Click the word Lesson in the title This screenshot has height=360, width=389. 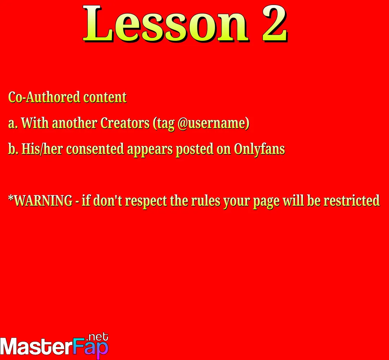click(x=165, y=23)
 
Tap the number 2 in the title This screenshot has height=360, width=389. click(x=274, y=23)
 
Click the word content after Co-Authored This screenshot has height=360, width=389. click(x=105, y=97)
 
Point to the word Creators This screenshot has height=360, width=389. click(x=125, y=123)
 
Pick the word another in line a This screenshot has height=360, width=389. click(x=74, y=123)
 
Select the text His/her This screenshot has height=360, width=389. click(x=42, y=149)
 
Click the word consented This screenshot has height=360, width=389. click(x=95, y=149)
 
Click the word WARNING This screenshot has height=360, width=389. click(x=43, y=200)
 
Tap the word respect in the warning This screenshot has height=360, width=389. click(x=146, y=201)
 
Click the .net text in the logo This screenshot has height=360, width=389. click(x=98, y=337)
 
